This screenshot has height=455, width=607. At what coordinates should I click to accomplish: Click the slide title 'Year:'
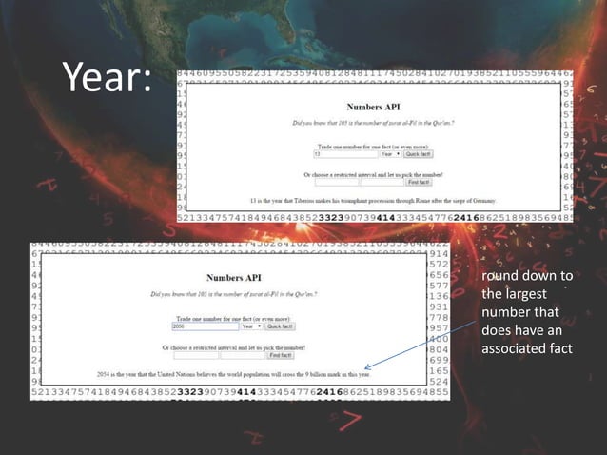coord(107,79)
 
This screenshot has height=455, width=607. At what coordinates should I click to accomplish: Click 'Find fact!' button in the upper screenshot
coord(419,182)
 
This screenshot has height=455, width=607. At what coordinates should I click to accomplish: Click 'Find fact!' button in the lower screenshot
coord(281,356)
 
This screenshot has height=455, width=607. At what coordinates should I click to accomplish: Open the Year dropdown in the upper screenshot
coord(390,154)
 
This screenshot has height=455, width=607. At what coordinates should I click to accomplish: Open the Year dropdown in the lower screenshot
coord(251,326)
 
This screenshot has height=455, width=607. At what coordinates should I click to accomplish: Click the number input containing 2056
coord(205,326)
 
